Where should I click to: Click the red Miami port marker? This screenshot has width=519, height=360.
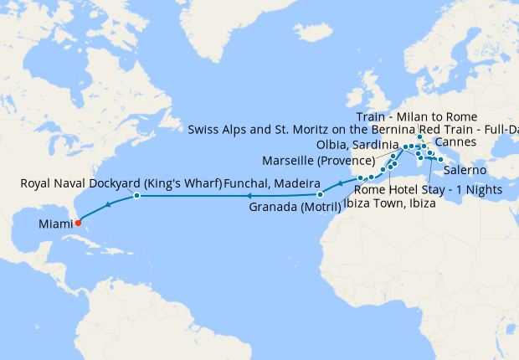(x=78, y=223)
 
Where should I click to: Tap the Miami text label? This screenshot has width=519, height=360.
(x=53, y=224)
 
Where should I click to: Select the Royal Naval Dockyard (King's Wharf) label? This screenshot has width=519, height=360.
(x=121, y=183)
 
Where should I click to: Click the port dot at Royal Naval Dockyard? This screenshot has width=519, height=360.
(x=136, y=196)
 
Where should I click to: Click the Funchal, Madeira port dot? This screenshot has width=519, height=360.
(x=320, y=195)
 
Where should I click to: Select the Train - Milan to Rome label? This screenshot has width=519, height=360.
(x=416, y=116)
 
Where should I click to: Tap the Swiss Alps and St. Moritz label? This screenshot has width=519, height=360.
(x=352, y=130)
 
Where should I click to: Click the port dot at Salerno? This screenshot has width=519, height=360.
(x=441, y=159)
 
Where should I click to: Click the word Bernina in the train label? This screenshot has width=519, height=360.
(x=415, y=130)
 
